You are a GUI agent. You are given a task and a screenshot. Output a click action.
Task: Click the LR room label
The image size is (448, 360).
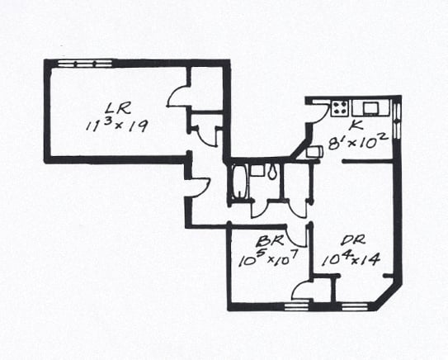pyautogui.click(x=118, y=108)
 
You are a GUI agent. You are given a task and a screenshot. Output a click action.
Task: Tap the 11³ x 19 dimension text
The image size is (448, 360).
pyautogui.click(x=117, y=126)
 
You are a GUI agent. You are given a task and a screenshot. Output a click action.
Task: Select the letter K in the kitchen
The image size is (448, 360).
pyautogui.click(x=356, y=125)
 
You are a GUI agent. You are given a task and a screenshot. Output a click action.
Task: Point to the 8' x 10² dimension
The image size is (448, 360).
pyautogui.click(x=358, y=141)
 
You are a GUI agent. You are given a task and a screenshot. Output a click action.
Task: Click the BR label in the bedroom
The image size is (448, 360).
pyautogui.click(x=270, y=241)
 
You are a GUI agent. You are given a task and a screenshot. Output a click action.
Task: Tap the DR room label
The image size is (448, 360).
pyautogui.click(x=353, y=240)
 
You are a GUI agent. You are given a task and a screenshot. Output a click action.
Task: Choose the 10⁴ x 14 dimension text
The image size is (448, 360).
pyautogui.click(x=351, y=258)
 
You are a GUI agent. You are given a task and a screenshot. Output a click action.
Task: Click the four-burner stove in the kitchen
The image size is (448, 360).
pyautogui.click(x=340, y=109)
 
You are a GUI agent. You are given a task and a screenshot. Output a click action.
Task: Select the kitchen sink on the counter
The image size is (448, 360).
pyautogui.click(x=371, y=108)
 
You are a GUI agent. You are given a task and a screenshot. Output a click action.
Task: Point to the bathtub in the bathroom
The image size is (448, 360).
pyautogui.click(x=240, y=181)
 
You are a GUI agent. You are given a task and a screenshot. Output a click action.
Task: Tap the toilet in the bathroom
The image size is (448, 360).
pyautogui.click(x=272, y=171)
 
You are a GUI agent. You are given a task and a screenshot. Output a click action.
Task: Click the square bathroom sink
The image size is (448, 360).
pyautogui.click(x=257, y=171)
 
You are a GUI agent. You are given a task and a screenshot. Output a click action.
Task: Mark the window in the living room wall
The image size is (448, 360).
pyautogui.click(x=85, y=64)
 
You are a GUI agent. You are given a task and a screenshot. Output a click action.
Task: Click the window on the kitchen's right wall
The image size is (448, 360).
pyautogui.click(x=397, y=121)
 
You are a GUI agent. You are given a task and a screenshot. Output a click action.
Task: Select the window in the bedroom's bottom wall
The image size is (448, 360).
pyautogui.click(x=297, y=306)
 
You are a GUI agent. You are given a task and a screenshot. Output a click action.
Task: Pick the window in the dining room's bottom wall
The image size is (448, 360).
pyautogui.click(x=354, y=306)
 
